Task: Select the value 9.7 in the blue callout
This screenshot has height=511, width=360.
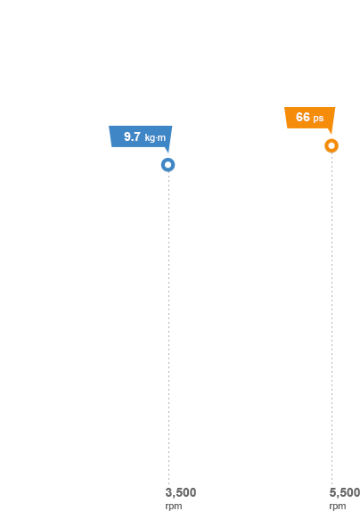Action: point(132,136)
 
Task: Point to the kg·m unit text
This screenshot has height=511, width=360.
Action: point(155,138)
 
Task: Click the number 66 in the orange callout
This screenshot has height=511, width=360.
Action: point(303,117)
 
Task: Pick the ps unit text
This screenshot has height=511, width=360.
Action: point(318,119)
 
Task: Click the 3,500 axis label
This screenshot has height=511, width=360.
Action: point(181,492)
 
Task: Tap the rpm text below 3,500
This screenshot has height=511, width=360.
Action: point(174,507)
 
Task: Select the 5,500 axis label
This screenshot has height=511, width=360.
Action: point(344,492)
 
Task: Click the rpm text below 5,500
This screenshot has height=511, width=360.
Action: point(338,507)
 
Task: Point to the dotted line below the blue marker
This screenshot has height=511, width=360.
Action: point(168,328)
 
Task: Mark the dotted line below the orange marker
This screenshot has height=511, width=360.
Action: point(332,318)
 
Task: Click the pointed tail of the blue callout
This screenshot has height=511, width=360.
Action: point(168,152)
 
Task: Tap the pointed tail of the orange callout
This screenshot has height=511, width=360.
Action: point(331,134)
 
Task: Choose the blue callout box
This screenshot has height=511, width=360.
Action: point(140,136)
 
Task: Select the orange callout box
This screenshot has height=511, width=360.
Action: point(310,118)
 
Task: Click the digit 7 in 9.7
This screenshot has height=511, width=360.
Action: point(137,136)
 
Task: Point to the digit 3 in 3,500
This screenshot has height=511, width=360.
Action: point(168,492)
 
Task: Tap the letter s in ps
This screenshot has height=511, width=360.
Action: point(322,119)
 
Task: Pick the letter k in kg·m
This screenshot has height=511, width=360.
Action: point(147,137)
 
